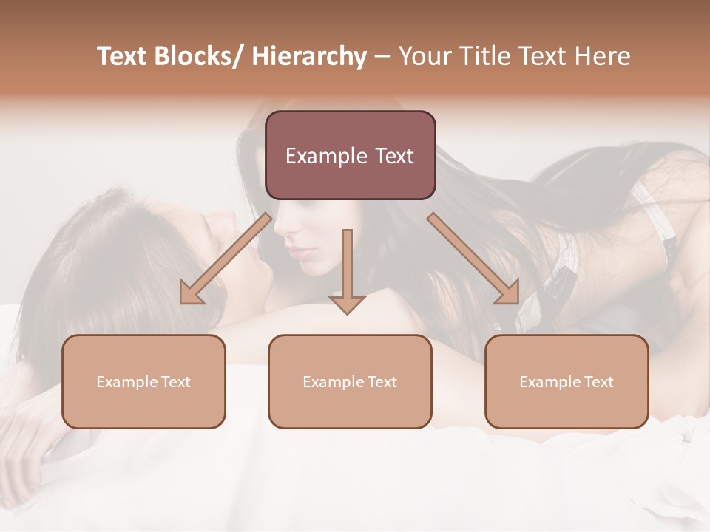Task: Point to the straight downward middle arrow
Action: click(x=347, y=270)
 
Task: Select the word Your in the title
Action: click(x=424, y=56)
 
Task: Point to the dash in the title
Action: click(x=382, y=56)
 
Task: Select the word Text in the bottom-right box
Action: click(x=598, y=382)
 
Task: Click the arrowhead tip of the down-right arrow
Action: click(x=518, y=302)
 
